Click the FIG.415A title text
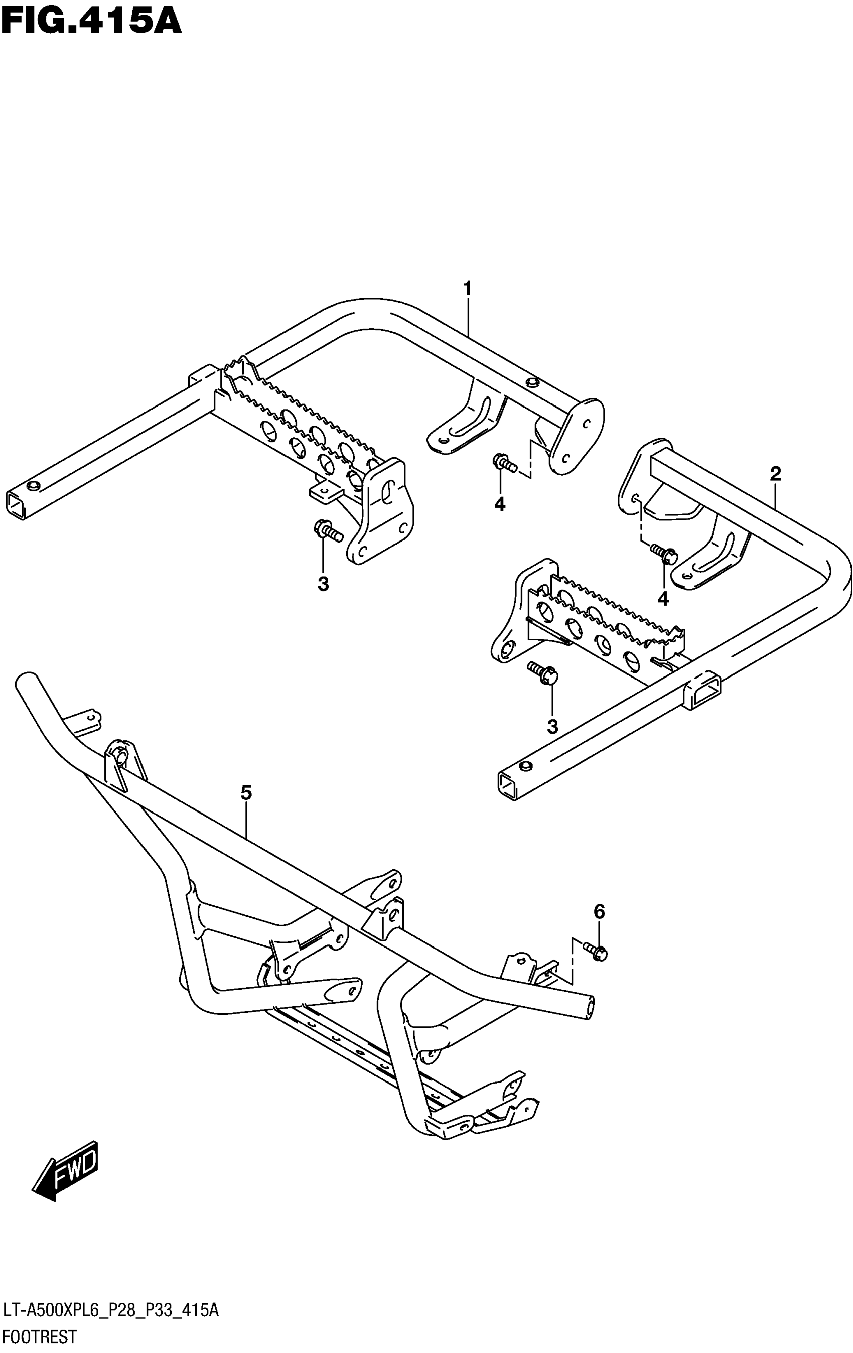click(91, 22)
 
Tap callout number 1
click(467, 288)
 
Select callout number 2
click(775, 474)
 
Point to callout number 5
click(246, 793)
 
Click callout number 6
click(599, 911)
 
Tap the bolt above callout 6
click(595, 951)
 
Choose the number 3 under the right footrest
click(552, 727)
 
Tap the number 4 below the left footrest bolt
click(500, 504)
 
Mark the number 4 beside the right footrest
click(663, 598)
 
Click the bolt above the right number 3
click(543, 673)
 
